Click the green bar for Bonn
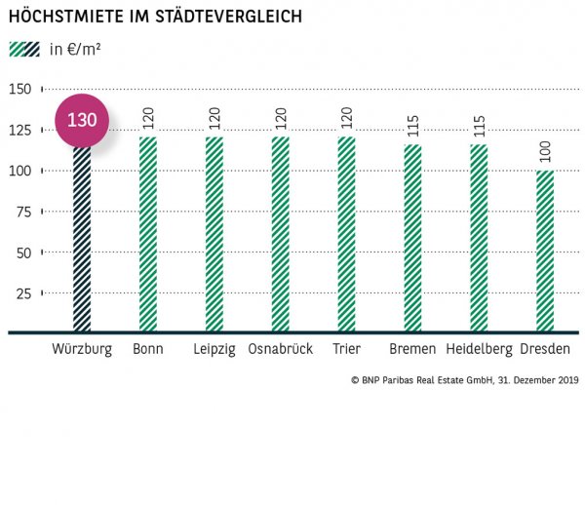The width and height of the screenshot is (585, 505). coord(147,234)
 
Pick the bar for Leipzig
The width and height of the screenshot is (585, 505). coord(214,234)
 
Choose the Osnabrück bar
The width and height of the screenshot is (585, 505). coord(280,234)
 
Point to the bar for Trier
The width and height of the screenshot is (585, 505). coord(346,234)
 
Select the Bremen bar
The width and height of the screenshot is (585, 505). coord(412,239)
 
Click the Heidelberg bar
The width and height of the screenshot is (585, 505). coord(479,239)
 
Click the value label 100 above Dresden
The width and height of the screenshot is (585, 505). coord(545,153)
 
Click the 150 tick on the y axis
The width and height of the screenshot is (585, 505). coord(19,89)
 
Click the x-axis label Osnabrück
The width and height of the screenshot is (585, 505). coord(280,349)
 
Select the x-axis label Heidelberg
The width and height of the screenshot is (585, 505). coord(479,349)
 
